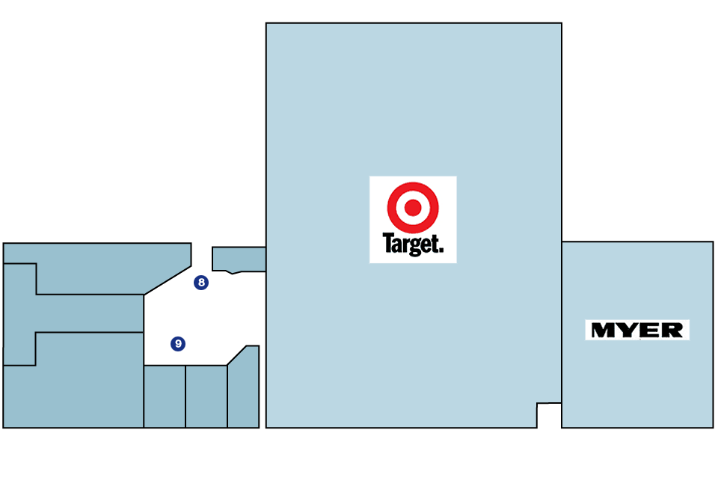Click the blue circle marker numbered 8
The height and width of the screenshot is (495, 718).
point(201,283)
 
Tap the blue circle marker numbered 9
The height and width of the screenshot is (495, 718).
point(178,343)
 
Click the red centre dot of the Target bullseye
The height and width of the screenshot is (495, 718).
point(413,207)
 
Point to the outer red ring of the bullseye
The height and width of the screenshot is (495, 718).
point(413,185)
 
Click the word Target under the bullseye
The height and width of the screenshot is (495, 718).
point(411,244)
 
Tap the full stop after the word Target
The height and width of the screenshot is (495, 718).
point(441,250)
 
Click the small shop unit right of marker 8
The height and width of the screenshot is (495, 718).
point(239,259)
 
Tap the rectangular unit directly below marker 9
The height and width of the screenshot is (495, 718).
point(165,396)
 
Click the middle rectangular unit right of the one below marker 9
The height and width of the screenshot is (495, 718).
point(206,396)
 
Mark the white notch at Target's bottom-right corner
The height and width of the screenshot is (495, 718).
point(549,415)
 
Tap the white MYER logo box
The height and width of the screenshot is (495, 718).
point(637,330)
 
